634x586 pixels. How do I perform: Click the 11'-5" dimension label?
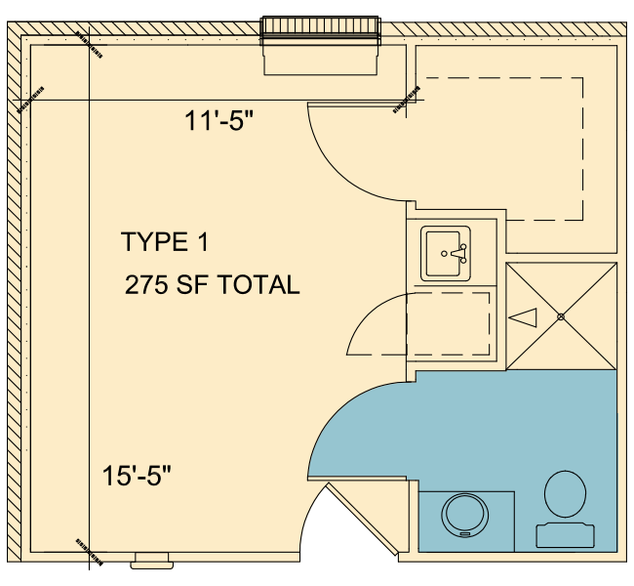pyautogui.click(x=218, y=120)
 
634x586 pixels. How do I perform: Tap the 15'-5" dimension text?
pyautogui.click(x=137, y=475)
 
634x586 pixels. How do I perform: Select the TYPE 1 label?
pyautogui.click(x=165, y=242)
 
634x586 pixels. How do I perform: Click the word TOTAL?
pyautogui.click(x=258, y=284)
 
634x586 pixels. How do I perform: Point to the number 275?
pyautogui.click(x=146, y=284)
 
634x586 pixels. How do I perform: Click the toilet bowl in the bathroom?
pyautogui.click(x=565, y=493)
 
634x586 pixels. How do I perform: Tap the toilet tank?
pyautogui.click(x=566, y=535)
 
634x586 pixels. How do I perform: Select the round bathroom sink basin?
pyautogui.click(x=464, y=516)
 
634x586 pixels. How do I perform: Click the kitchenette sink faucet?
pyautogui.click(x=458, y=254)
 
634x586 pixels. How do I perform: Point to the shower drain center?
pyautogui.click(x=561, y=316)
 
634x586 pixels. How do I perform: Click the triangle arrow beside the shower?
pyautogui.click(x=523, y=317)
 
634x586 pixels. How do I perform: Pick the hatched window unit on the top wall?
pyautogui.click(x=320, y=27)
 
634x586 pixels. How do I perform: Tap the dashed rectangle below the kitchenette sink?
pyautogui.click(x=448, y=324)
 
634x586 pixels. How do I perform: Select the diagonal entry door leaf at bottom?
pyautogui.click(x=362, y=520)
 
